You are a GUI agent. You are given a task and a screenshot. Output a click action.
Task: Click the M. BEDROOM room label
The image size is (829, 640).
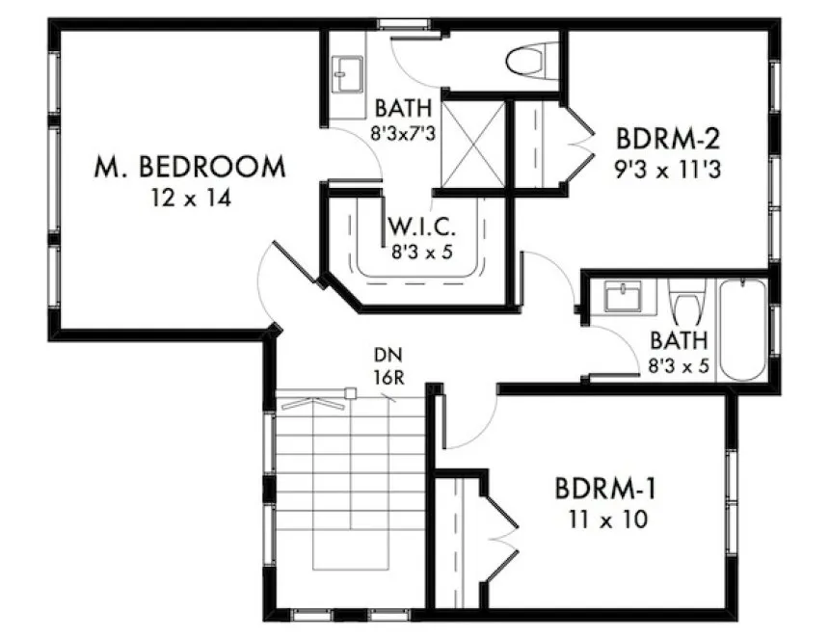(x=190, y=167)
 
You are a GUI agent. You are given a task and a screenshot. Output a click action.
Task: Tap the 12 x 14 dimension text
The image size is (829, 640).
(x=190, y=199)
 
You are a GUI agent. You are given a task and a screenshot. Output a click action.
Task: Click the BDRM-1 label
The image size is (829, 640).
(x=606, y=489)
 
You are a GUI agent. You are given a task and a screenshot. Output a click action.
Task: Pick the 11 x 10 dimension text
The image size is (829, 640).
(x=606, y=520)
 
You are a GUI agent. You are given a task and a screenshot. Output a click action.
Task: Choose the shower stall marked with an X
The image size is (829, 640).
(x=472, y=145)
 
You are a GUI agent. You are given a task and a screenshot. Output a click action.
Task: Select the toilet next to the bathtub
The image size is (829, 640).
(x=687, y=303)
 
